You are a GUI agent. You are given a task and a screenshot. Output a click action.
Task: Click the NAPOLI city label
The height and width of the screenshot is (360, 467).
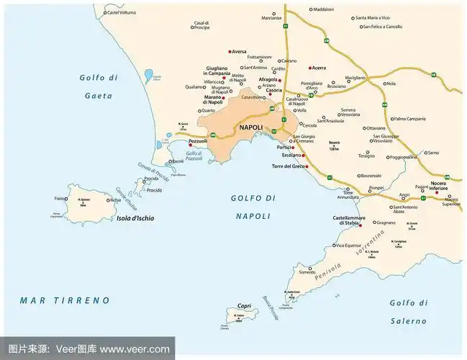coord(251,127)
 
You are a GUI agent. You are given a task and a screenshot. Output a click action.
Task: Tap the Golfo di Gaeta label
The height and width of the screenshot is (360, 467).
coord(96,86)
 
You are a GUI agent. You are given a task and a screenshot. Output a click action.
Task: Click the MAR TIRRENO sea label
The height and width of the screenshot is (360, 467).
coord(65,300)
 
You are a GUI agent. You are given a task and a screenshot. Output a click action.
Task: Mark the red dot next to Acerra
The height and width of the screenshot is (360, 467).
coord(309,68)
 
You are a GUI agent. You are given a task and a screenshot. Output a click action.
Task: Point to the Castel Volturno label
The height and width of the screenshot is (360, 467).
coord(122,12)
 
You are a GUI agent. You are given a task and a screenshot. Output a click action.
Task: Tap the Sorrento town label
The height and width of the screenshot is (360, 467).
coord(307,271)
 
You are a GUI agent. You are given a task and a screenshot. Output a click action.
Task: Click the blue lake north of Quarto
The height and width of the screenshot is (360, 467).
coord(148,74)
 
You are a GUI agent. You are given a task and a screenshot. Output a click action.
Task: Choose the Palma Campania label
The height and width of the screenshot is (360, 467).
coord(411,118)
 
